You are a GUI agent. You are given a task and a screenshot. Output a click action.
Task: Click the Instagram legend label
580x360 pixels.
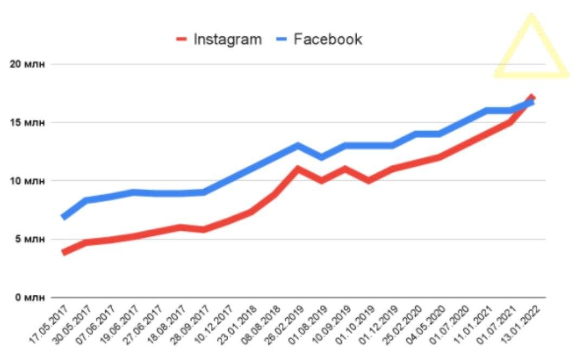coord(228,40)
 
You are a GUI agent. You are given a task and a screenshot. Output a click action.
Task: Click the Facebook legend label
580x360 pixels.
coord(328,40)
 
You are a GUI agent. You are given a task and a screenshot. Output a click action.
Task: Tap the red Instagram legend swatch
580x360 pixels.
coord(182,40)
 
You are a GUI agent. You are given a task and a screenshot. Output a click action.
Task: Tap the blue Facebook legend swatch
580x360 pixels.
coord(282,40)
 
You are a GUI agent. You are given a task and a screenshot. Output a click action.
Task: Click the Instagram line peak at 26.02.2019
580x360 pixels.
coord(298,169)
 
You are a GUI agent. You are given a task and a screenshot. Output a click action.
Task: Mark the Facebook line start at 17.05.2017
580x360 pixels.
coord(64,217)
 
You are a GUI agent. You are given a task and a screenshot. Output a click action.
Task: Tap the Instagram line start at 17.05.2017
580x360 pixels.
coord(64,252)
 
